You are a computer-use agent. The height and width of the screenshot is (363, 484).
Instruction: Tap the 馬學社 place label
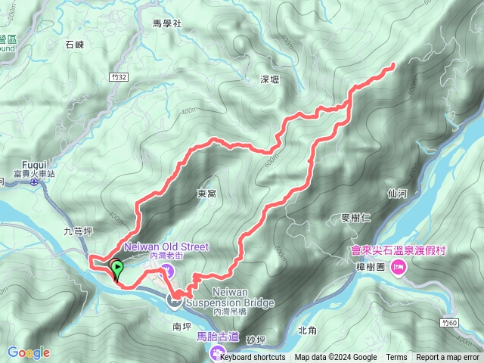click(167, 23)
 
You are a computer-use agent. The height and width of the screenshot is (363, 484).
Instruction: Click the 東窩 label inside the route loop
click(206, 194)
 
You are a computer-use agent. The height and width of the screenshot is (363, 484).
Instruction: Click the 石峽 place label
click(75, 46)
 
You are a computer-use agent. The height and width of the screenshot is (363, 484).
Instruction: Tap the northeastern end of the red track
click(394, 66)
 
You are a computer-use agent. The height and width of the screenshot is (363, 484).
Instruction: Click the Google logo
click(29, 352)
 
